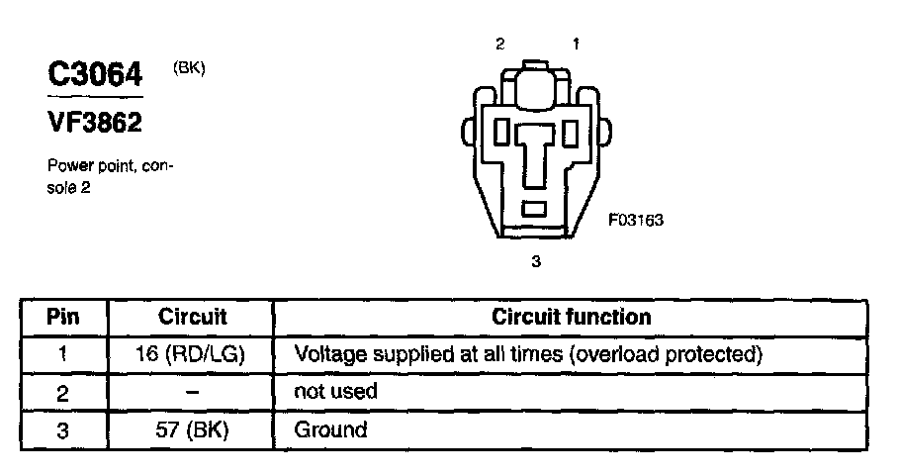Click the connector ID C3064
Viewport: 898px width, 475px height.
96,74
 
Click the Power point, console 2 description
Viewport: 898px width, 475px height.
110,176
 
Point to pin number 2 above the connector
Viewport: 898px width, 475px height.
500,44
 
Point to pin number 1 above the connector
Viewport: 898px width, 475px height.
576,44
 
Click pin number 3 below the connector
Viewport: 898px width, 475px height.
536,261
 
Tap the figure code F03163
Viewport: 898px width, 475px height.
635,221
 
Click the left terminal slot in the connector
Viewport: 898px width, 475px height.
501,131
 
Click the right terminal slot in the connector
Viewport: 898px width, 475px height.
570,131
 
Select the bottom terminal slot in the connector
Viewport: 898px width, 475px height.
535,208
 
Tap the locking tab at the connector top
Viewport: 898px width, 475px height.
535,83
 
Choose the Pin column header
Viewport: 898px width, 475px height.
62,317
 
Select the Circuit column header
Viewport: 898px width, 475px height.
192,317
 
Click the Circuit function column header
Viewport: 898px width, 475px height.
571,317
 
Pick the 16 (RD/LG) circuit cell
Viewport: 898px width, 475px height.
191,353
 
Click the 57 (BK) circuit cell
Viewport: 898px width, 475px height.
191,429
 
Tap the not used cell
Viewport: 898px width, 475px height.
336,391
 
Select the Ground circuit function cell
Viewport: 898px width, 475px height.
330,429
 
